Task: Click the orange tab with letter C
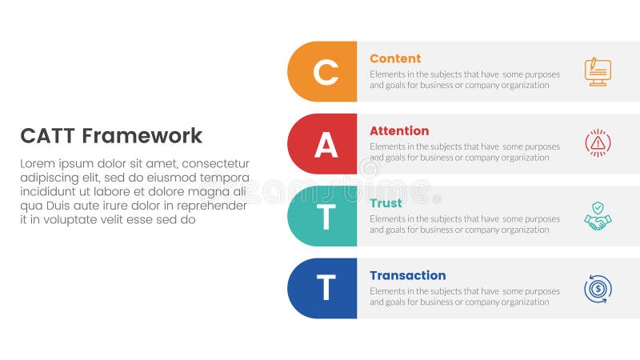click(324, 72)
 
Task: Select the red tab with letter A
click(324, 144)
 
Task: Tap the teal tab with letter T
click(324, 216)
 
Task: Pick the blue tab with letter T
click(324, 288)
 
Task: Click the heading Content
click(395, 58)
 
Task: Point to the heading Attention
click(399, 130)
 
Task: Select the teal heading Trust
click(386, 203)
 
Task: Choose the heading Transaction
click(407, 275)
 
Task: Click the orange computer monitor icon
click(598, 71)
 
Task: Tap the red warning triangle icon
click(598, 143)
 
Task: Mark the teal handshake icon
click(598, 217)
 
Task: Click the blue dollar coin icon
click(598, 289)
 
